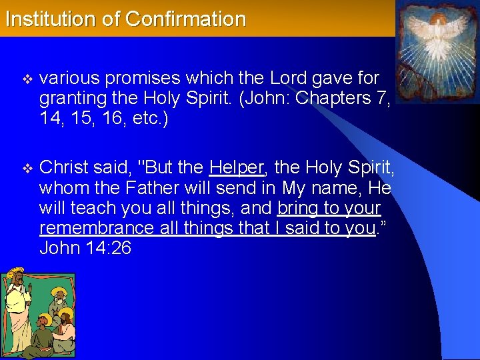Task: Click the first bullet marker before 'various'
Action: click(27, 79)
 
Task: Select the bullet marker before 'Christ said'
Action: click(27, 166)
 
